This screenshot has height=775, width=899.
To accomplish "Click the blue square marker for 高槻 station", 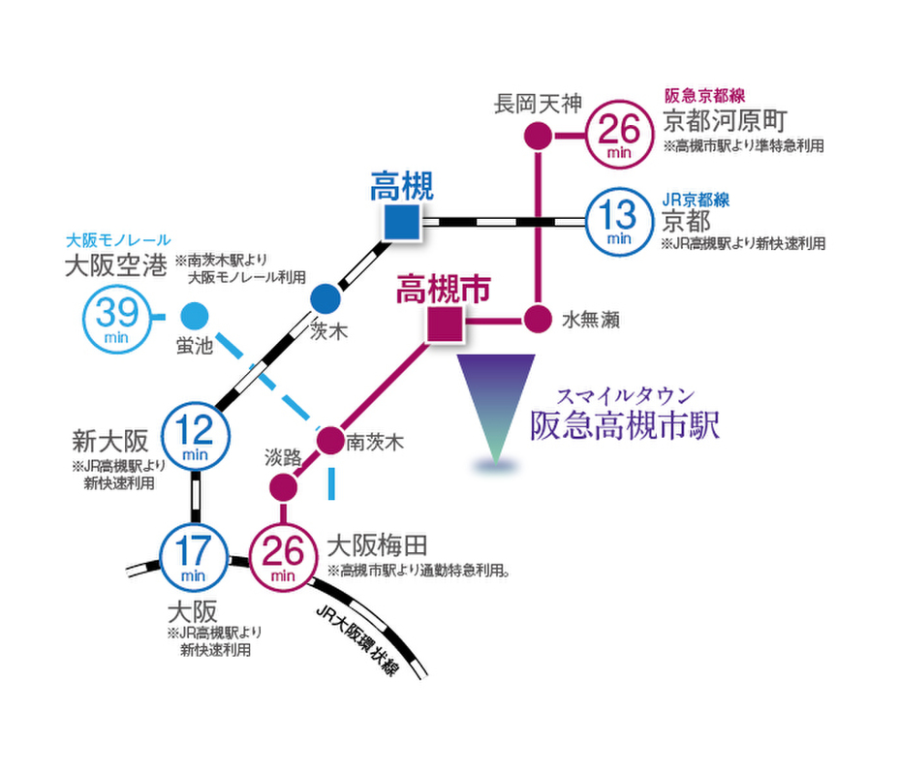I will (401, 222).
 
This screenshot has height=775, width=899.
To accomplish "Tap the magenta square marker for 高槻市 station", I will (446, 322).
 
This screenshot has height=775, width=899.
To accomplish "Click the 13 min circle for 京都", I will (618, 219).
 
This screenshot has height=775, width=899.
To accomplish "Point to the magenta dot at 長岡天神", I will (538, 136).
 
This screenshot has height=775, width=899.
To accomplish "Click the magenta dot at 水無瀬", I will (538, 319).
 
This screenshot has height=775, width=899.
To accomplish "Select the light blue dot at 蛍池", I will (194, 316).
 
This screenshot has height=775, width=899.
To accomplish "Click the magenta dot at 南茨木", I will (331, 441).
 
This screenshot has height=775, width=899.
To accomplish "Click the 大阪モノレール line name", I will (118, 239).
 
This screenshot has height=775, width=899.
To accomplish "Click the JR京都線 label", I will (696, 201).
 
